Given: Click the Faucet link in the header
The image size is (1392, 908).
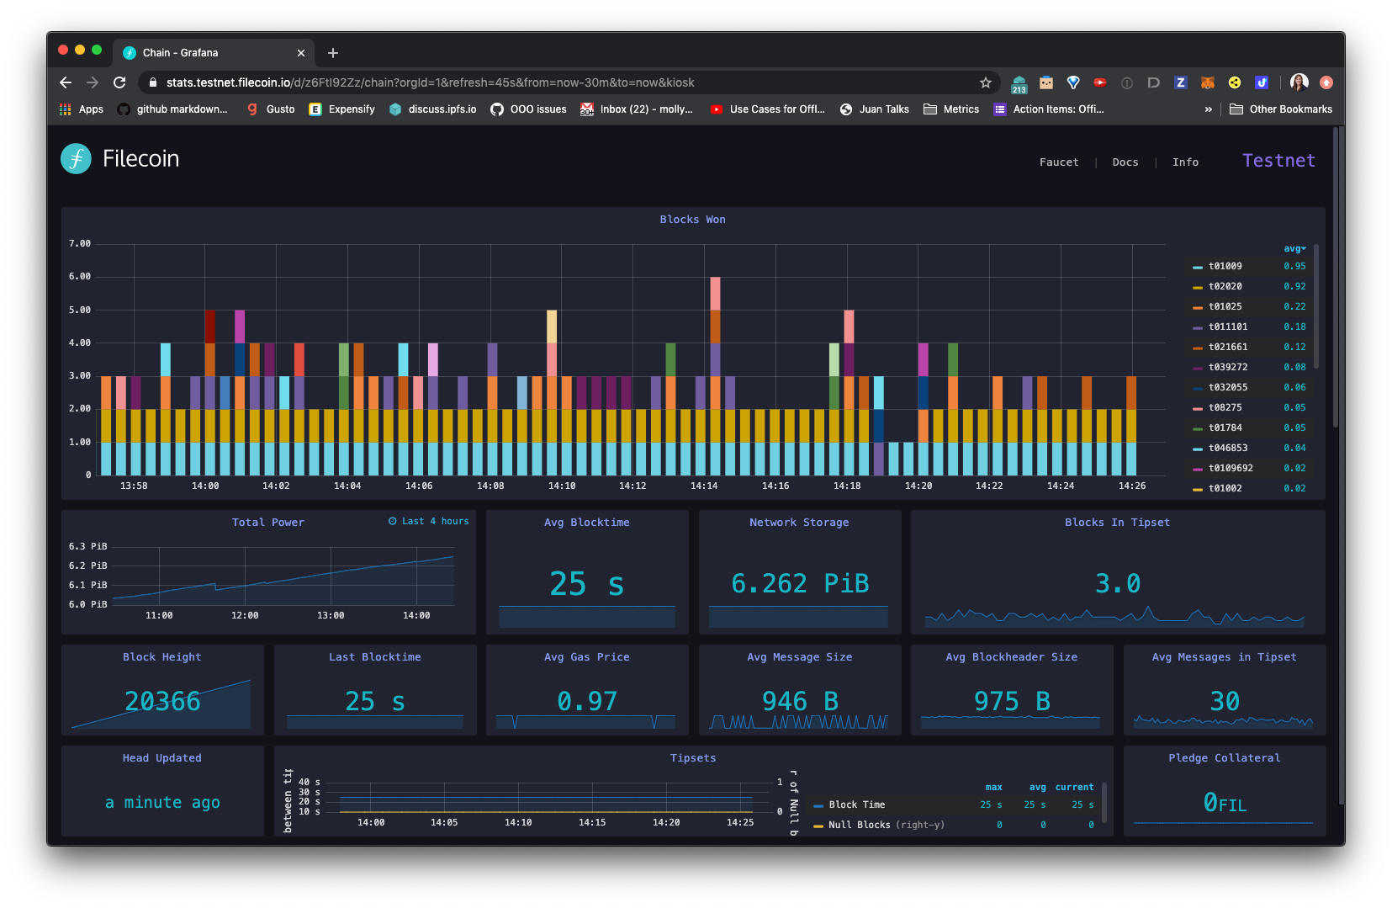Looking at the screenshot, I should [x=1058, y=162].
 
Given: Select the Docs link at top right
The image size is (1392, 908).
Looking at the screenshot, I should [x=1125, y=162].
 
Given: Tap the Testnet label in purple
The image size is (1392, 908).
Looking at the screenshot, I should [x=1278, y=161].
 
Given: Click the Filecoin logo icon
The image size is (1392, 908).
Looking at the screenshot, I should [x=77, y=159].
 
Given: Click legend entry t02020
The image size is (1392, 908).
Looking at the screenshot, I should [x=1225, y=286].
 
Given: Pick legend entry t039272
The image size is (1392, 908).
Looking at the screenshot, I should [x=1227, y=367].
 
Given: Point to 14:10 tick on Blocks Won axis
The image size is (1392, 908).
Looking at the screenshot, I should [x=562, y=486].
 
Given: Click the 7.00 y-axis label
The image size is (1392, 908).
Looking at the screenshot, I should [x=80, y=244].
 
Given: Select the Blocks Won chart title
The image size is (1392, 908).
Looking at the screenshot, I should [x=692, y=220].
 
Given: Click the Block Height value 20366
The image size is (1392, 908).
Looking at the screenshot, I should [x=162, y=701].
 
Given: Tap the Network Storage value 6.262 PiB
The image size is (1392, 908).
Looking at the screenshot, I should [x=799, y=583].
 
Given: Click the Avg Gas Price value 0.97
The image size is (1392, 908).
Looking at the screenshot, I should [x=587, y=701].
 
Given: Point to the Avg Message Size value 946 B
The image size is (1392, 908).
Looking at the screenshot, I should [x=799, y=701].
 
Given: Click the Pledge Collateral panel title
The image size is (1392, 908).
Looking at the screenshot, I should [x=1224, y=758].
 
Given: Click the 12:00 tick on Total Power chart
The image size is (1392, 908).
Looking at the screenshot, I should [x=245, y=616].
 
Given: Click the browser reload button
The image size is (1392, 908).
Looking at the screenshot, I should [x=119, y=82].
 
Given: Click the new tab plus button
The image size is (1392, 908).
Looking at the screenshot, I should [x=333, y=53].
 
